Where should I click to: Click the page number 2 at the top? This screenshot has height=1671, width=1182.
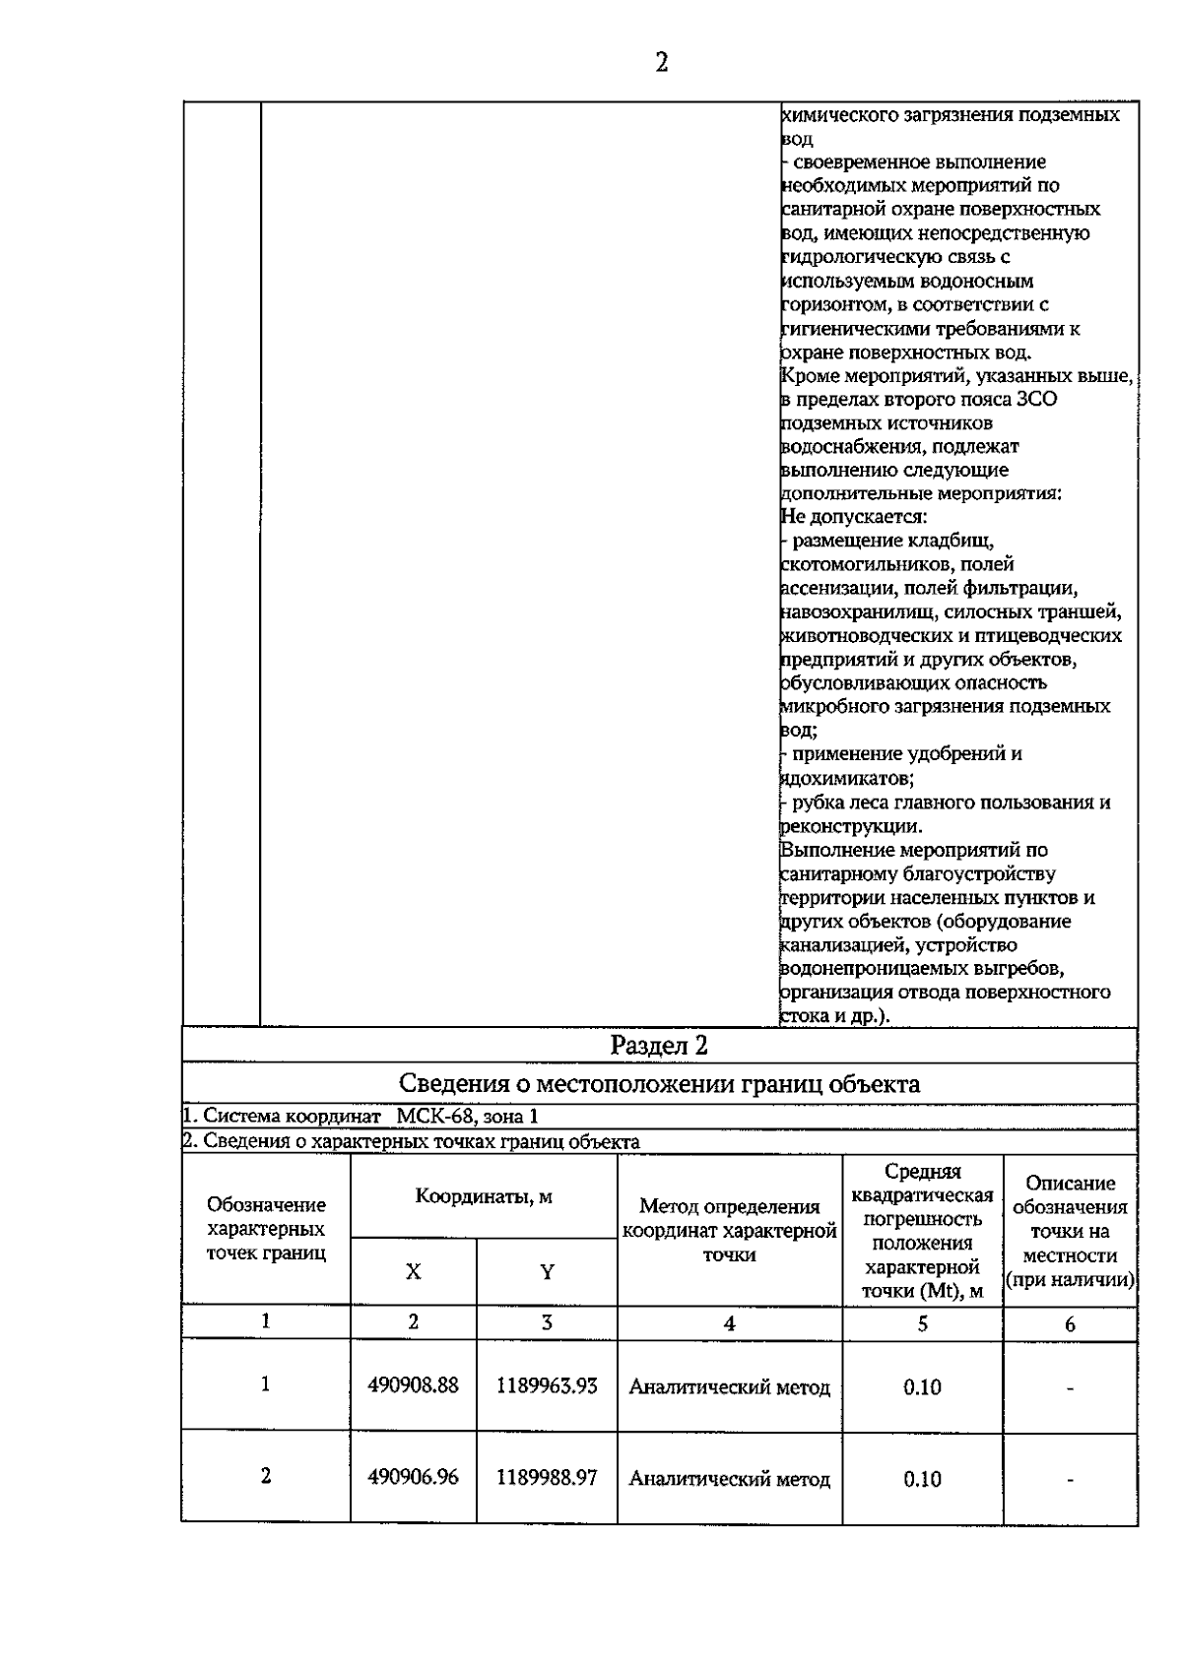click(661, 63)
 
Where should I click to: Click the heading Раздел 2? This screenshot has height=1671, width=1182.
click(659, 1045)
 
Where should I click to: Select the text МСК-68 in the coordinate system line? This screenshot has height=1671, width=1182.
click(436, 1116)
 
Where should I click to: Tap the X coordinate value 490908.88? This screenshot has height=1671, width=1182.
click(413, 1385)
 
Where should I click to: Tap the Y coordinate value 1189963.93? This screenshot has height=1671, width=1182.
click(547, 1385)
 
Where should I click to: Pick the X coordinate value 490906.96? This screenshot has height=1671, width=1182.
click(413, 1478)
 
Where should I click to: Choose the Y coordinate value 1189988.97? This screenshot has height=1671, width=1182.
click(547, 1478)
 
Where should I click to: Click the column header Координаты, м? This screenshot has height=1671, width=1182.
click(483, 1196)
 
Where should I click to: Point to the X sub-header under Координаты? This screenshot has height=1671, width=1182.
click(413, 1271)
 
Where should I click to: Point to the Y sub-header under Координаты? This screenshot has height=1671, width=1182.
click(547, 1271)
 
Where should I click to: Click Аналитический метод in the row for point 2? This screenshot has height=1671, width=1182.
click(729, 1479)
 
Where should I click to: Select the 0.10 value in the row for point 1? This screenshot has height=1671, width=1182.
click(922, 1387)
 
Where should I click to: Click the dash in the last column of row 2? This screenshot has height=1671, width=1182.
click(1070, 1479)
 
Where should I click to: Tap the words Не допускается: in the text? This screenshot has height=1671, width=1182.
click(853, 517)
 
